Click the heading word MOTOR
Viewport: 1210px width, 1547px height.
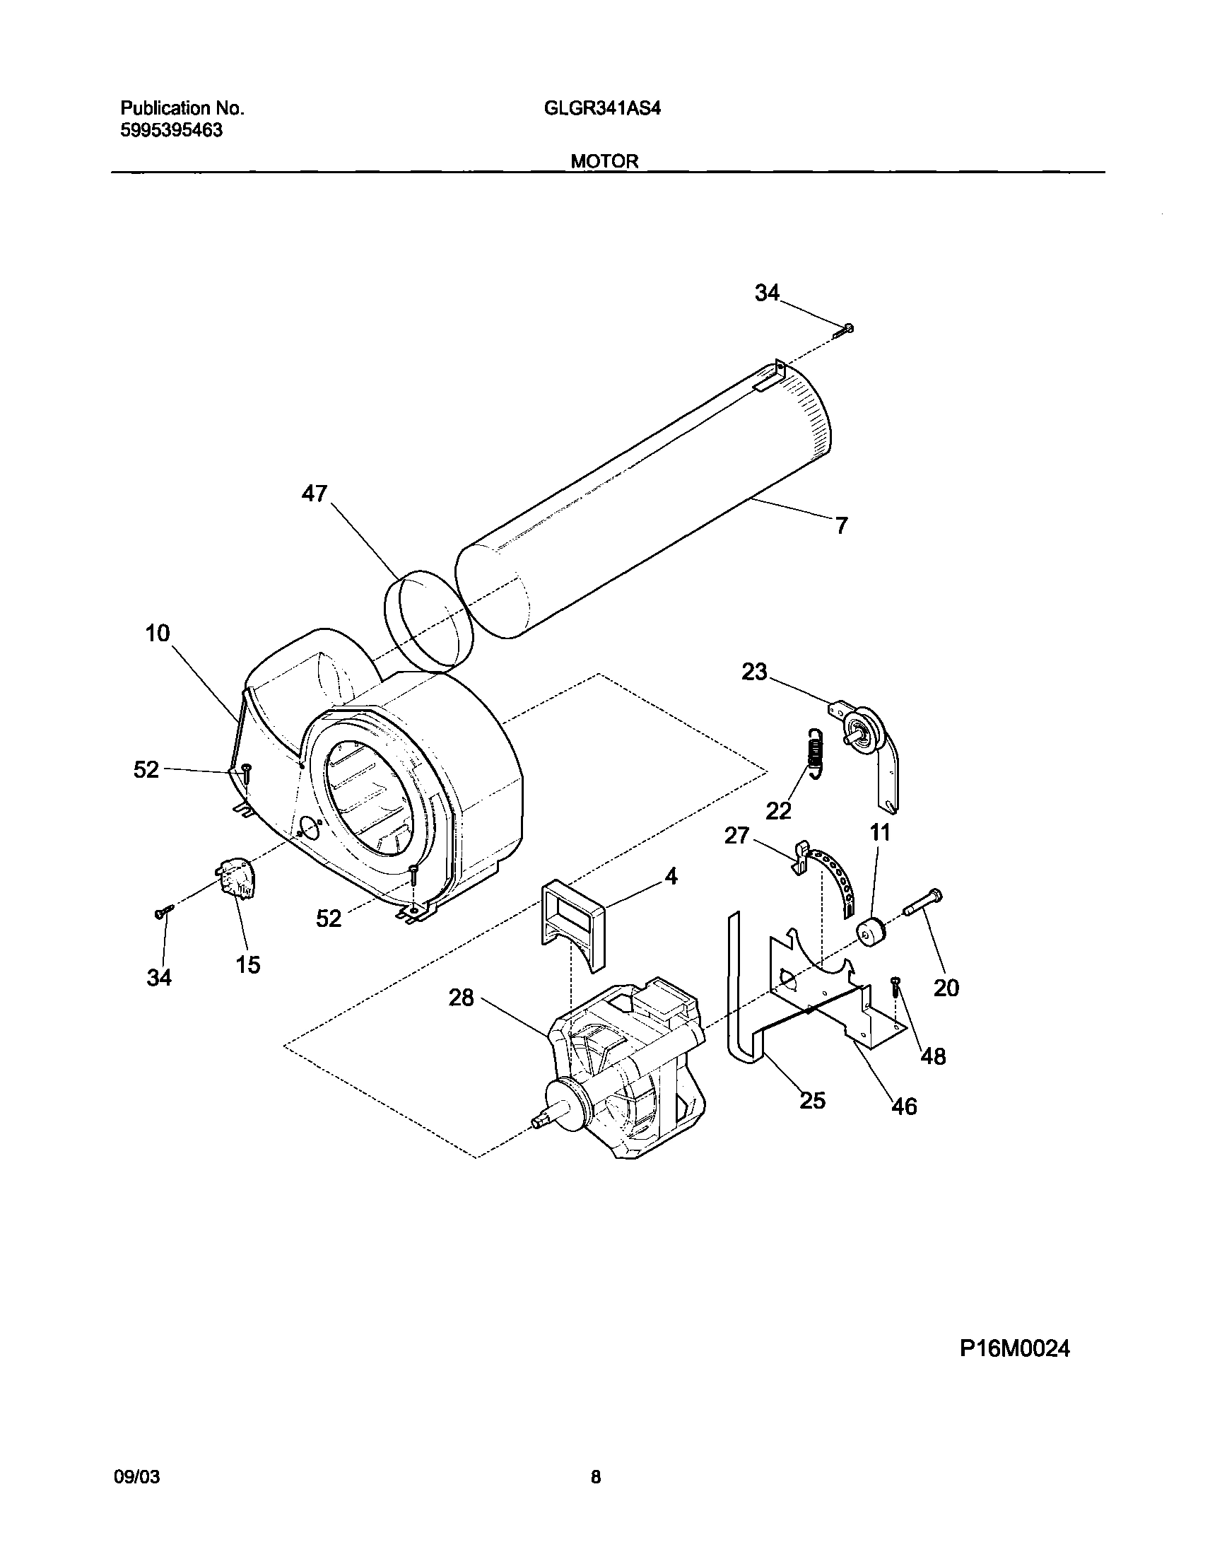(604, 162)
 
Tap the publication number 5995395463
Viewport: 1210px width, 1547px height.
(171, 130)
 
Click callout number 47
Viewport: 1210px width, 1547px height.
(315, 494)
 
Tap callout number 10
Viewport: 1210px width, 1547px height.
(158, 633)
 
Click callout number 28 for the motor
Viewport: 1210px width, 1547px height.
(461, 998)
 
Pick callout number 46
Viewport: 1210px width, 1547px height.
(904, 1107)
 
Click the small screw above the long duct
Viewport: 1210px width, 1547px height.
(846, 328)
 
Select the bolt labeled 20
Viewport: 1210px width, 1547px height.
(921, 904)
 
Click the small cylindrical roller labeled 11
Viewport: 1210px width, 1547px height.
(871, 930)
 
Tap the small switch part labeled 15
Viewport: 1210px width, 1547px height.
(237, 879)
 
